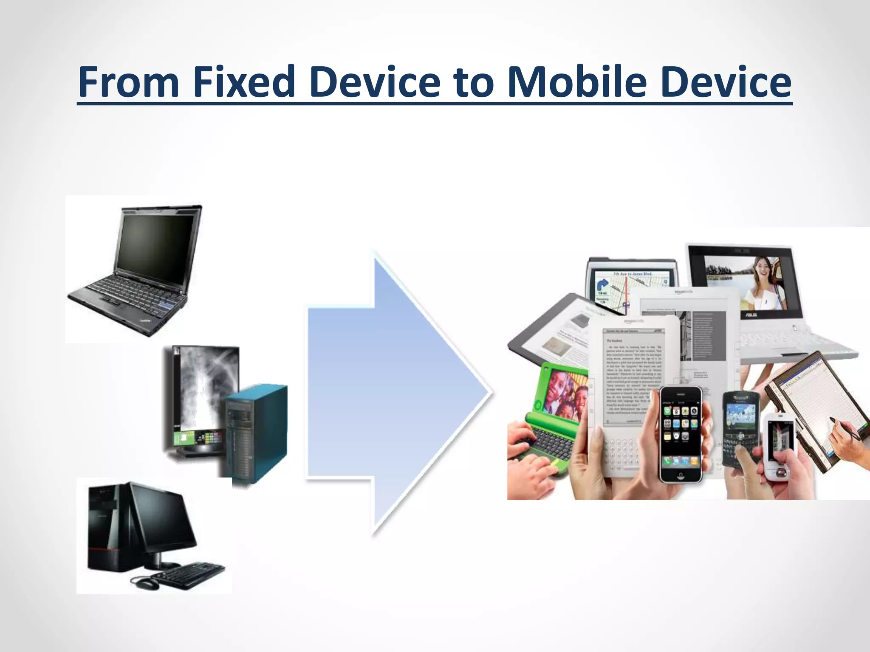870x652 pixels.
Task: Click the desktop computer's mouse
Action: pos(145,582)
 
